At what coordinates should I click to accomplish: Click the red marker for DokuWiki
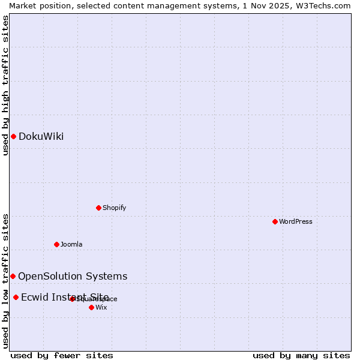click(x=13, y=136)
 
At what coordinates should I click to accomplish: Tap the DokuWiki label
click(x=41, y=136)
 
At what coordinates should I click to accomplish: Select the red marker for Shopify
click(x=98, y=208)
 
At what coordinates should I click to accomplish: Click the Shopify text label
click(x=114, y=208)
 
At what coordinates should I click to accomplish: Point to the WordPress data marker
click(x=275, y=221)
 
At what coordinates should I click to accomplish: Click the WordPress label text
click(x=295, y=221)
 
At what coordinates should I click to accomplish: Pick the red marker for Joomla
click(x=56, y=244)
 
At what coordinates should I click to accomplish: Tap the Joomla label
click(x=71, y=244)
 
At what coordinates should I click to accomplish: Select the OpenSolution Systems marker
click(x=13, y=276)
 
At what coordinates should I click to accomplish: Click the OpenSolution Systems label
click(x=73, y=276)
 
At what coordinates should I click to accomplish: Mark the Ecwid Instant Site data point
click(x=16, y=297)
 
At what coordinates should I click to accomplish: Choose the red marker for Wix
click(x=91, y=307)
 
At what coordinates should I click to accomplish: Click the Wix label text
click(x=101, y=307)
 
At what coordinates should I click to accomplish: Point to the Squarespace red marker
click(x=72, y=299)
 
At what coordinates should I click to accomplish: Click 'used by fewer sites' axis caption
click(x=62, y=355)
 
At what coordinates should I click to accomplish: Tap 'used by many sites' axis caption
click(x=301, y=355)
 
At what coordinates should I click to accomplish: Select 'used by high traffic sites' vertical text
click(x=5, y=85)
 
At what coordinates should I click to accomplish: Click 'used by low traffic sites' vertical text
click(x=5, y=280)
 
